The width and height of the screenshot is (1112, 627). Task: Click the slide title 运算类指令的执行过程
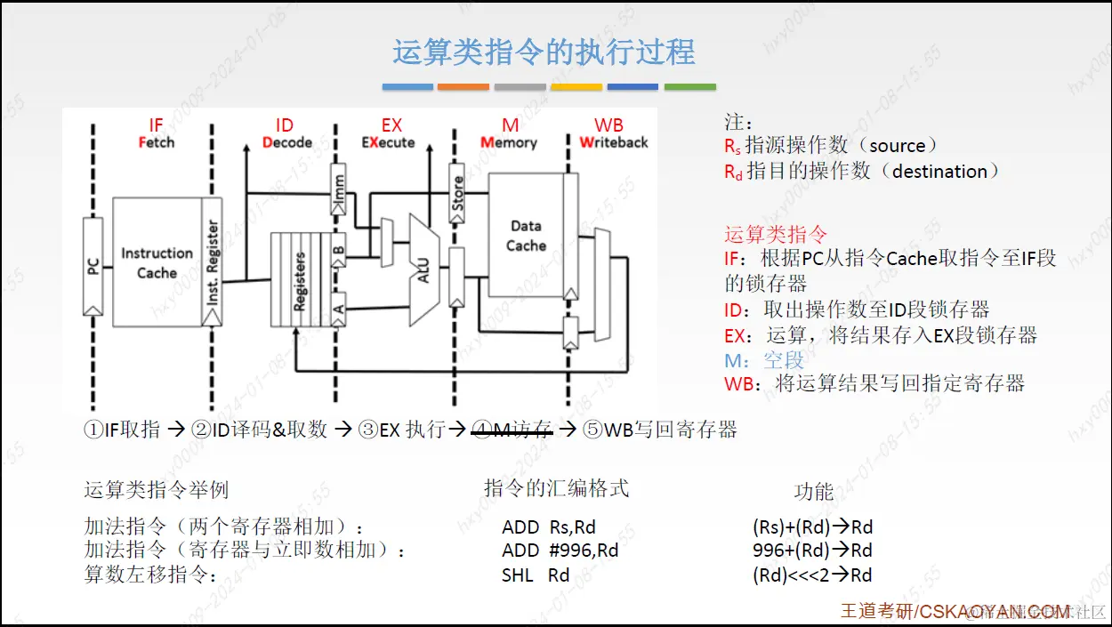(x=544, y=52)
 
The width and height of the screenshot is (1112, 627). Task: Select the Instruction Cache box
(x=157, y=262)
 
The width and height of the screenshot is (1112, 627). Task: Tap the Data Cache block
(x=526, y=235)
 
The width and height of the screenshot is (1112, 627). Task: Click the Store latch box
(x=456, y=193)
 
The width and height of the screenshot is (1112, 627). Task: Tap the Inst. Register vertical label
(x=213, y=262)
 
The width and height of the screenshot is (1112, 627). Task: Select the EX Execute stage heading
(x=390, y=133)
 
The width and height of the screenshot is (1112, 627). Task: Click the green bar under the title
(x=689, y=87)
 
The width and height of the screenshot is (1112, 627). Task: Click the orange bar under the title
(x=463, y=87)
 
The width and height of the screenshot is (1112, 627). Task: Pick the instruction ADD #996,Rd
(x=560, y=551)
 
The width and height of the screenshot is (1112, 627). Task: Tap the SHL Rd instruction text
(x=536, y=575)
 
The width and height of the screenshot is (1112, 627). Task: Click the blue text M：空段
(x=764, y=359)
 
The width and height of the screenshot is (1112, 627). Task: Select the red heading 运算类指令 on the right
(x=776, y=235)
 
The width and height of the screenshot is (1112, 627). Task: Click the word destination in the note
(x=939, y=172)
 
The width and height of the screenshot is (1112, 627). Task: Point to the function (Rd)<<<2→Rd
(x=812, y=575)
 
